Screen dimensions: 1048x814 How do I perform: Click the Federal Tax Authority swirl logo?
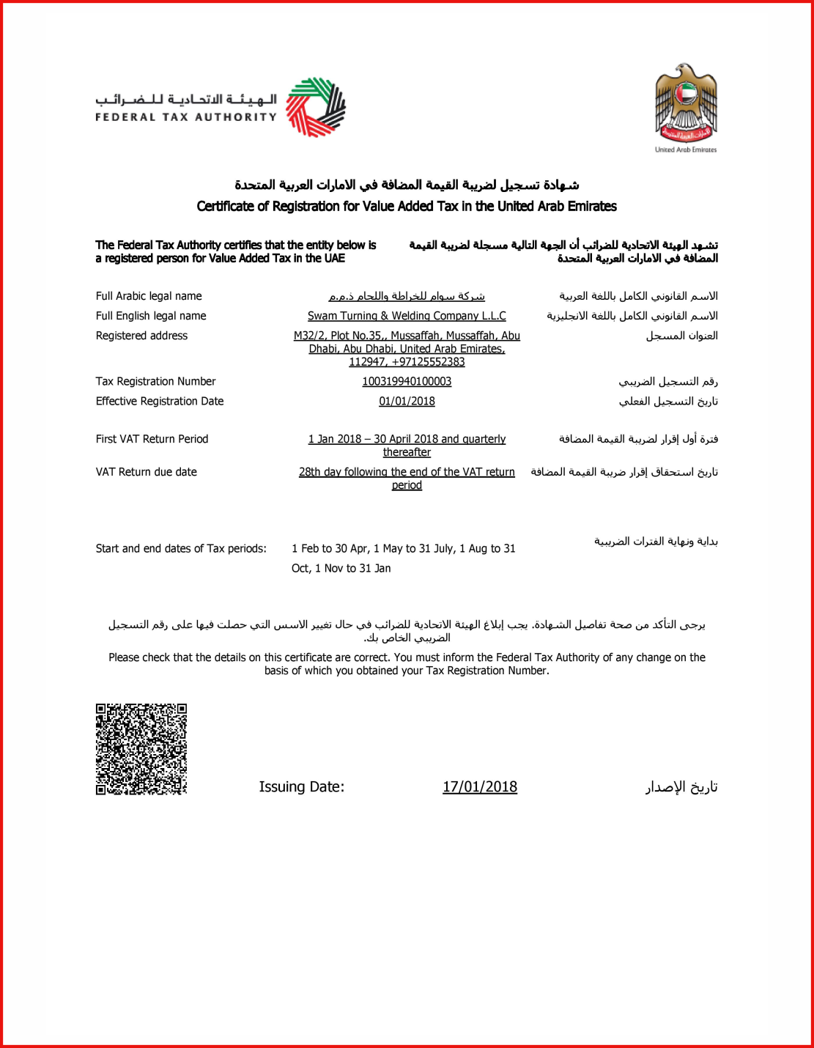pos(315,107)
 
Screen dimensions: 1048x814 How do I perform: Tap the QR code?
pos(141,749)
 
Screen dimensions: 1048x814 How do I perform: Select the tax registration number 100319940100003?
pos(407,382)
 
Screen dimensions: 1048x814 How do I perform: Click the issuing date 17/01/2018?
pos(480,787)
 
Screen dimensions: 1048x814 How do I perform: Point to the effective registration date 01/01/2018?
pos(407,402)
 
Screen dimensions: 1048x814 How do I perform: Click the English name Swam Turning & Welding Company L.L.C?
pos(407,316)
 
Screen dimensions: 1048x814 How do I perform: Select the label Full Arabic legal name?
pos(149,296)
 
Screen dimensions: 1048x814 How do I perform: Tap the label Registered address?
pos(141,336)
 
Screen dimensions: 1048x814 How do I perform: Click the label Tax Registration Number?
pos(155,382)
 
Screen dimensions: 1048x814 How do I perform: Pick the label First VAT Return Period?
pos(152,439)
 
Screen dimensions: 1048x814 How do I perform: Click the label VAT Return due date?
pos(146,472)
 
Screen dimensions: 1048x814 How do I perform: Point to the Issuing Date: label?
pos(301,787)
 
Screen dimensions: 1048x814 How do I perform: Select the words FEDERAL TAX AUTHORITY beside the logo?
pos(186,117)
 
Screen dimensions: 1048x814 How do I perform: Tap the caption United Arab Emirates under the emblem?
pos(686,150)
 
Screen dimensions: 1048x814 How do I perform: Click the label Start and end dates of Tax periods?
pos(181,548)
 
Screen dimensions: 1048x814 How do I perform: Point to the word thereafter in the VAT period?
pos(407,452)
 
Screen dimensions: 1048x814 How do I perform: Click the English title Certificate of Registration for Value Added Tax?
pos(407,207)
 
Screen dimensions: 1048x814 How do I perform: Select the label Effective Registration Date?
pos(160,402)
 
